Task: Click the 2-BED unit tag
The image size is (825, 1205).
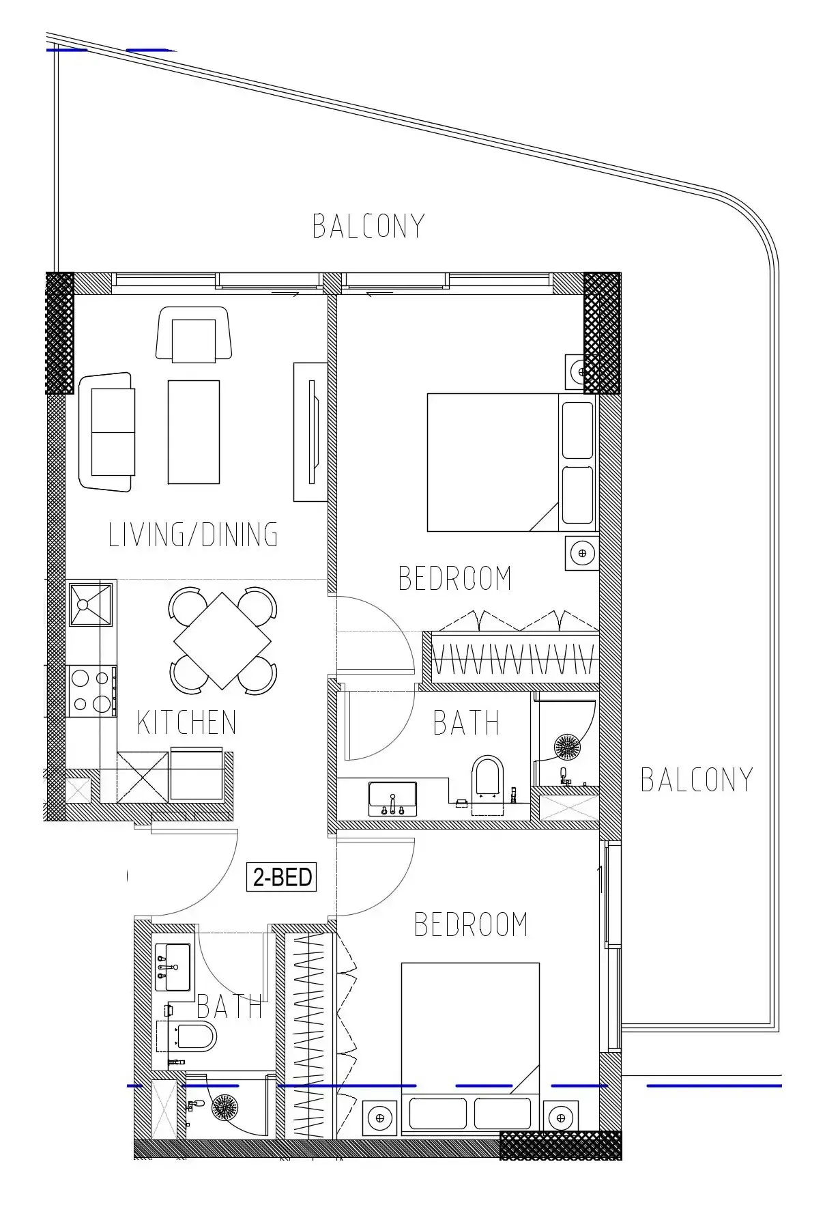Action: click(x=282, y=877)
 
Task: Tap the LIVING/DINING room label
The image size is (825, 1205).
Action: click(x=194, y=535)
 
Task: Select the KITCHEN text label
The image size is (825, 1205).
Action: click(x=187, y=723)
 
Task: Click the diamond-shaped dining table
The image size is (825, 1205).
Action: click(x=222, y=640)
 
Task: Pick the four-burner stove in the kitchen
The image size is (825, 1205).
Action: click(x=92, y=691)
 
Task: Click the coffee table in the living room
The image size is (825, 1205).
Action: click(x=194, y=432)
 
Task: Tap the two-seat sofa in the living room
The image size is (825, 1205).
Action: click(x=106, y=431)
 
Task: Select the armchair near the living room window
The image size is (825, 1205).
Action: click(x=193, y=334)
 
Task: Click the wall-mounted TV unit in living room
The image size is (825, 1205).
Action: click(x=310, y=431)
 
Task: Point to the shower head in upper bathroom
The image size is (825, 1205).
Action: click(x=566, y=746)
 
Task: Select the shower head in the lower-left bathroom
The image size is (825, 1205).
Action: click(x=225, y=1107)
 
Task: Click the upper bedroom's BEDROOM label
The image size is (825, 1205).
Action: click(x=455, y=578)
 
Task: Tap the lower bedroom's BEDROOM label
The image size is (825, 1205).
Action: click(x=472, y=924)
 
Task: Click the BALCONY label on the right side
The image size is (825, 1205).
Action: click(x=697, y=780)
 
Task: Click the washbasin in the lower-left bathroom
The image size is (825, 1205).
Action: click(x=172, y=967)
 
